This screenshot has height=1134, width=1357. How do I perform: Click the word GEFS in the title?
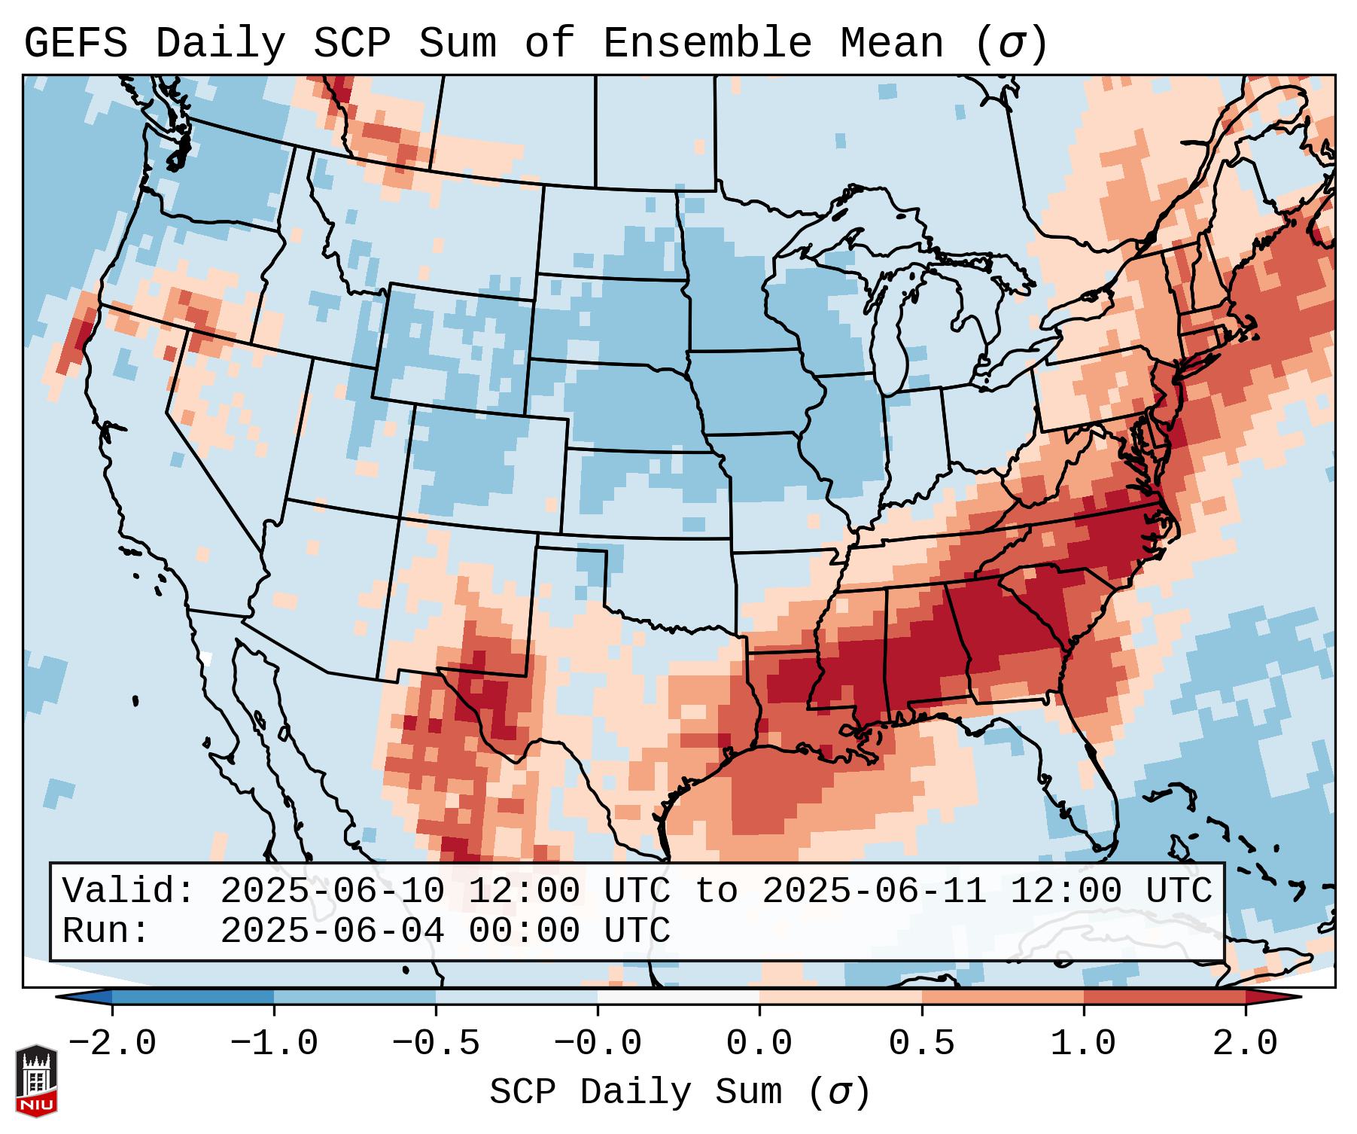click(76, 44)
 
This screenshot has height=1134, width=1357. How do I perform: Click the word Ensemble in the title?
click(707, 44)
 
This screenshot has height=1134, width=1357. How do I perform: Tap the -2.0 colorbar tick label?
click(112, 1044)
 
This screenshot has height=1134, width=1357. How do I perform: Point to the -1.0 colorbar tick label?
click(274, 1044)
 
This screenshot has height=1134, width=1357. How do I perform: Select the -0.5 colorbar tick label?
click(436, 1044)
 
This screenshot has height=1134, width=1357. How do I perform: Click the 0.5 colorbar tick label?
click(922, 1044)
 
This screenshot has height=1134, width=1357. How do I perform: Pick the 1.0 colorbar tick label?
click(1084, 1044)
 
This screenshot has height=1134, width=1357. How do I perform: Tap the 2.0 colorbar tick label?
click(1246, 1044)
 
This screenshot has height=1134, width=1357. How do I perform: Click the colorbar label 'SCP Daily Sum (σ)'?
click(680, 1093)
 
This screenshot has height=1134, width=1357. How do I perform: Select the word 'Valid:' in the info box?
click(129, 891)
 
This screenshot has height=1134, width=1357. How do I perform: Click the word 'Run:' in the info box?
click(106, 931)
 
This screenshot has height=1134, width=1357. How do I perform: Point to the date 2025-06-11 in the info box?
click(874, 891)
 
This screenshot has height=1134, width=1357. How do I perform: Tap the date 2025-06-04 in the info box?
click(332, 931)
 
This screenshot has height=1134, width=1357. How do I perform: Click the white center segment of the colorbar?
click(678, 997)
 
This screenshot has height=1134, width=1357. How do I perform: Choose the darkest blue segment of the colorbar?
click(193, 997)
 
